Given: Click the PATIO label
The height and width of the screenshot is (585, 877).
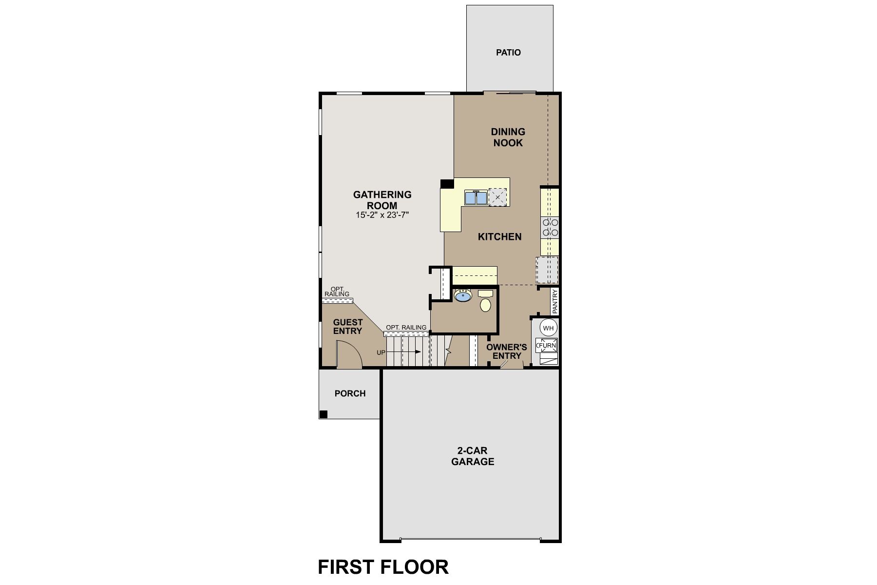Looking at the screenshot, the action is (x=508, y=52).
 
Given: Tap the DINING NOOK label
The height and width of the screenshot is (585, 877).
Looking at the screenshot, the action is (x=508, y=137).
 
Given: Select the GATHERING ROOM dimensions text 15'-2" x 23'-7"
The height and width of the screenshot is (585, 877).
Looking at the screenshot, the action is (x=382, y=214).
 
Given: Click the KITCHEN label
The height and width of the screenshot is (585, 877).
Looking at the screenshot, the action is (x=499, y=236).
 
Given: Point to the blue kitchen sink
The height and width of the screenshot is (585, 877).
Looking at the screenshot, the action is (x=476, y=197).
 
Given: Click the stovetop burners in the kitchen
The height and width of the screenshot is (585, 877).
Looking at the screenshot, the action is (x=550, y=228).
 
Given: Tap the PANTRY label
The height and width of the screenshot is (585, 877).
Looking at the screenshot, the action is (x=554, y=302).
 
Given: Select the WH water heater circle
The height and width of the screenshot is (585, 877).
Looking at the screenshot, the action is (x=549, y=328).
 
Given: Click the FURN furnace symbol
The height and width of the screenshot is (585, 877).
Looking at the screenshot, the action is (x=547, y=346).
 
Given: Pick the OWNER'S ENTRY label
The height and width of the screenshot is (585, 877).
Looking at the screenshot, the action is (x=507, y=351).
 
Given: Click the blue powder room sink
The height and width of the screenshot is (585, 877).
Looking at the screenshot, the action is (x=462, y=295).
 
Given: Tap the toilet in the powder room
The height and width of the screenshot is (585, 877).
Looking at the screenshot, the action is (x=485, y=301).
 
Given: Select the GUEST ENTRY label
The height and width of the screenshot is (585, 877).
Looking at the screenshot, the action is (x=348, y=327).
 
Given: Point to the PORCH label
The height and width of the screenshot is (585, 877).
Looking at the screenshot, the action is (x=350, y=393).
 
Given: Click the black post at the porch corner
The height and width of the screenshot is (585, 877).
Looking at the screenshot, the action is (x=324, y=414).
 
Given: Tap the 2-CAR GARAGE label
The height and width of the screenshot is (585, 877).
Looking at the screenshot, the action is (x=473, y=456).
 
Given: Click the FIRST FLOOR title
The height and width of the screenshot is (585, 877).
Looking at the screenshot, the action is (x=383, y=567).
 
